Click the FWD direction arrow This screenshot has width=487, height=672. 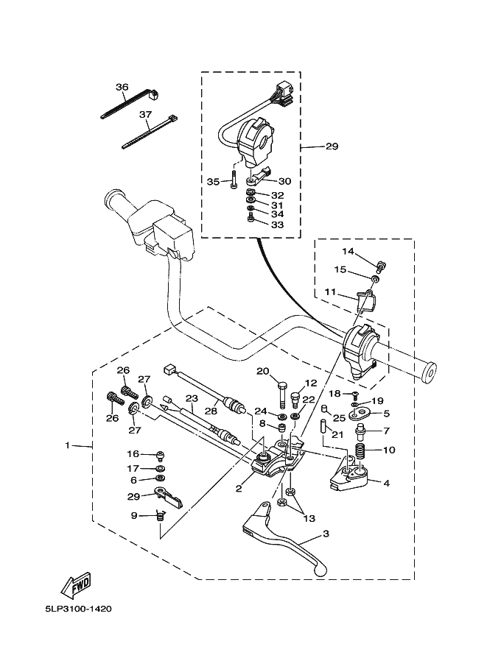point(76,584)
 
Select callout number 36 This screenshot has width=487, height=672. point(122,87)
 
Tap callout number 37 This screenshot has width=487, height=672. point(144,115)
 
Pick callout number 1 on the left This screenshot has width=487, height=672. point(67,445)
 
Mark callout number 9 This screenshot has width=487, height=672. point(134,515)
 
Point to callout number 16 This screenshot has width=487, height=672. point(133,453)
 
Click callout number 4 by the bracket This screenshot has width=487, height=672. point(386,483)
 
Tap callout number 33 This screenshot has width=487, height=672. point(277,224)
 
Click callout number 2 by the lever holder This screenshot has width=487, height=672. point(239,488)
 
